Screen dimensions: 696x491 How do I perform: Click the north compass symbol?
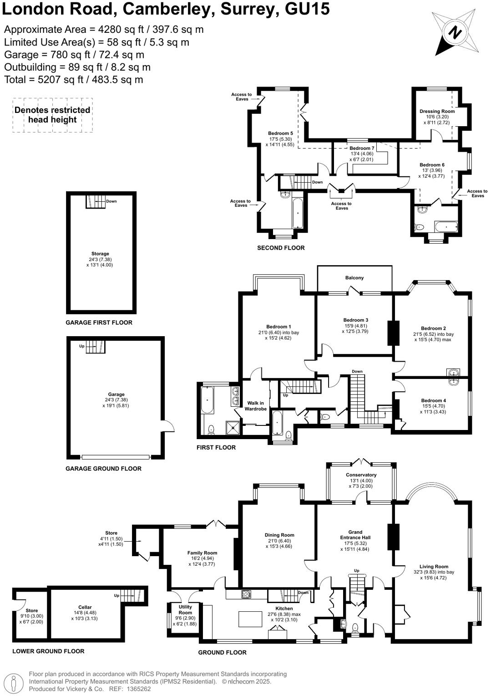[455, 33]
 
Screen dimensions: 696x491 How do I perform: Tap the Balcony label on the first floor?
[354, 277]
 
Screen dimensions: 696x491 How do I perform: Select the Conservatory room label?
[361, 475]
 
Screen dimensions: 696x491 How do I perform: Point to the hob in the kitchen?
[246, 594]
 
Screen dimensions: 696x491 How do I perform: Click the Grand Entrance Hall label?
[355, 535]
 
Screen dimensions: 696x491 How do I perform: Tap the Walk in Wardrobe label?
[255, 406]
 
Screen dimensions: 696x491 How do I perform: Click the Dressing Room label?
[437, 111]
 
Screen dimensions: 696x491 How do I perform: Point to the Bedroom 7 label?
[362, 148]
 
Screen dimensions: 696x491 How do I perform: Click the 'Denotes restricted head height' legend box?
[52, 115]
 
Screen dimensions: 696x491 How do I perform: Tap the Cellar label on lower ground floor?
[85, 607]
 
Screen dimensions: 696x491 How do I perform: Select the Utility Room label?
[185, 609]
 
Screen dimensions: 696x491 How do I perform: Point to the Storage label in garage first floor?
[100, 254]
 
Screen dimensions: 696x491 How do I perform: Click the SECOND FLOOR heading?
[281, 248]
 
